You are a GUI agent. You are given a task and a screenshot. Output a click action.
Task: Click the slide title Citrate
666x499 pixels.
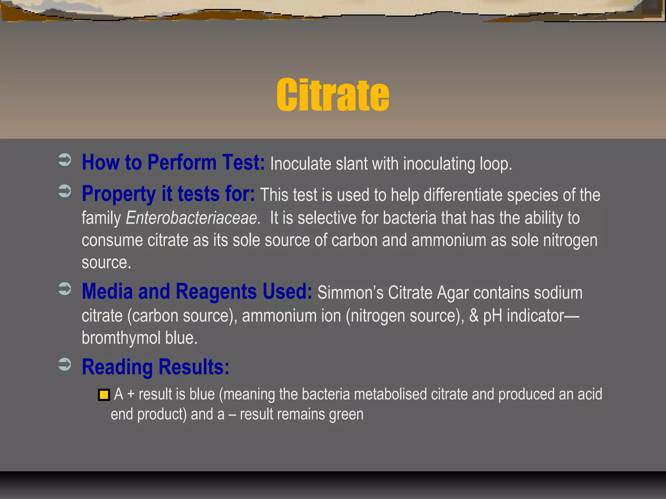[x=333, y=95]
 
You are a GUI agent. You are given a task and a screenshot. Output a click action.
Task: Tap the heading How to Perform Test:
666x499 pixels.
[x=173, y=162]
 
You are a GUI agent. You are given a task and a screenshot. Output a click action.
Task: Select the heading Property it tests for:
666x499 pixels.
[x=168, y=194]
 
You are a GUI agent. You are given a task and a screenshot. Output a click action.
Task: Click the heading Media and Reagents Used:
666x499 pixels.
[x=197, y=291]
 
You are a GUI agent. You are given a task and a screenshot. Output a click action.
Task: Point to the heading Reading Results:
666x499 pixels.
[x=155, y=367]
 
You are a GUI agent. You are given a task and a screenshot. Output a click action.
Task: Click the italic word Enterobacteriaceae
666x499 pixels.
[x=192, y=218]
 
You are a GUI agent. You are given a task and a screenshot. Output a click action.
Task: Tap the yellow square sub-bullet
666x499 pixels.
[x=104, y=395]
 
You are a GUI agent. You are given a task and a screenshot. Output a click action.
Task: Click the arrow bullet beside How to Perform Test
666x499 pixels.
[x=65, y=160]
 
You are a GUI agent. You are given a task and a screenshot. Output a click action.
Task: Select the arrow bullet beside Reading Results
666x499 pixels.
[x=65, y=364]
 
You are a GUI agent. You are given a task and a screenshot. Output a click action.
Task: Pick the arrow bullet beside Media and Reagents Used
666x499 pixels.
[x=65, y=289]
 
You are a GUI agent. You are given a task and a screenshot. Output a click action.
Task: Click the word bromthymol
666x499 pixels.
[x=121, y=338]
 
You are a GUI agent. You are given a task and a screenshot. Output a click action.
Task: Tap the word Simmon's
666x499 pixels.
[x=350, y=292]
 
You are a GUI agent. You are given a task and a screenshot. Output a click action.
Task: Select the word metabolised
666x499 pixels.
[x=390, y=394]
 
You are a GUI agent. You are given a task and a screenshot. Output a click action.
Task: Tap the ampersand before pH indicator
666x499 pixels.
[x=474, y=316]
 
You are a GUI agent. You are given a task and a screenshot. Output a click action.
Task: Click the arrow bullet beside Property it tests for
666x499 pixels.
[x=65, y=191]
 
